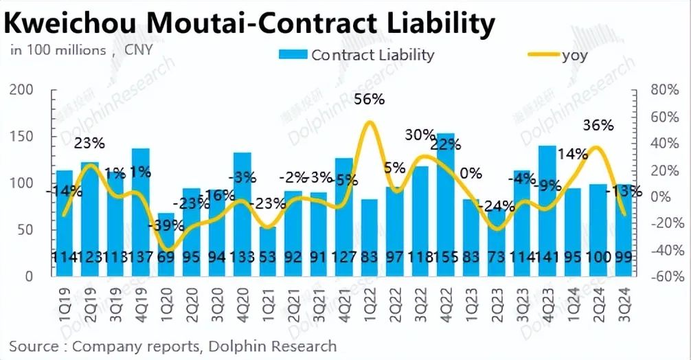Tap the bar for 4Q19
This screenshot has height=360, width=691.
point(141,213)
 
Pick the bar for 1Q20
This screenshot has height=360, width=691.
point(166,245)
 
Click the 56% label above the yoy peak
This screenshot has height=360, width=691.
point(369,100)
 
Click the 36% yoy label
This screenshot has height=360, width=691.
point(598,126)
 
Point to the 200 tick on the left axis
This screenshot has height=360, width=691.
point(22,90)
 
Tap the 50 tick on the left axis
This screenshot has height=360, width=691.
point(26,229)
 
